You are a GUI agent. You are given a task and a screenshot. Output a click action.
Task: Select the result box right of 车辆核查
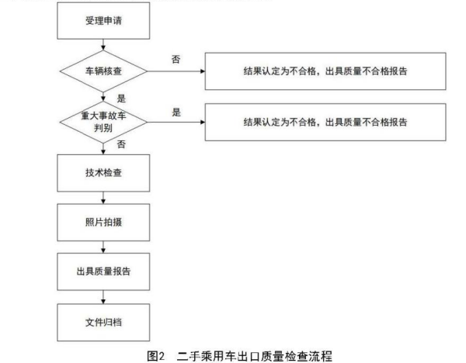pyautogui.click(x=324, y=71)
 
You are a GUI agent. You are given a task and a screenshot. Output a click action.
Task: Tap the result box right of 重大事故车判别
pyautogui.click(x=324, y=121)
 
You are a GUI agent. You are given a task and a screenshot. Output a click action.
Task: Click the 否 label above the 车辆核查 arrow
pyautogui.click(x=176, y=60)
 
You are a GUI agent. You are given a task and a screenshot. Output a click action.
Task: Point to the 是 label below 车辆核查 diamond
pyautogui.click(x=121, y=99)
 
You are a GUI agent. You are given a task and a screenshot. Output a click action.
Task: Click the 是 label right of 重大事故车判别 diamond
pyautogui.click(x=176, y=112)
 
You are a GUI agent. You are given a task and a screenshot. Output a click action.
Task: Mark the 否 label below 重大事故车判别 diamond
pyautogui.click(x=121, y=144)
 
